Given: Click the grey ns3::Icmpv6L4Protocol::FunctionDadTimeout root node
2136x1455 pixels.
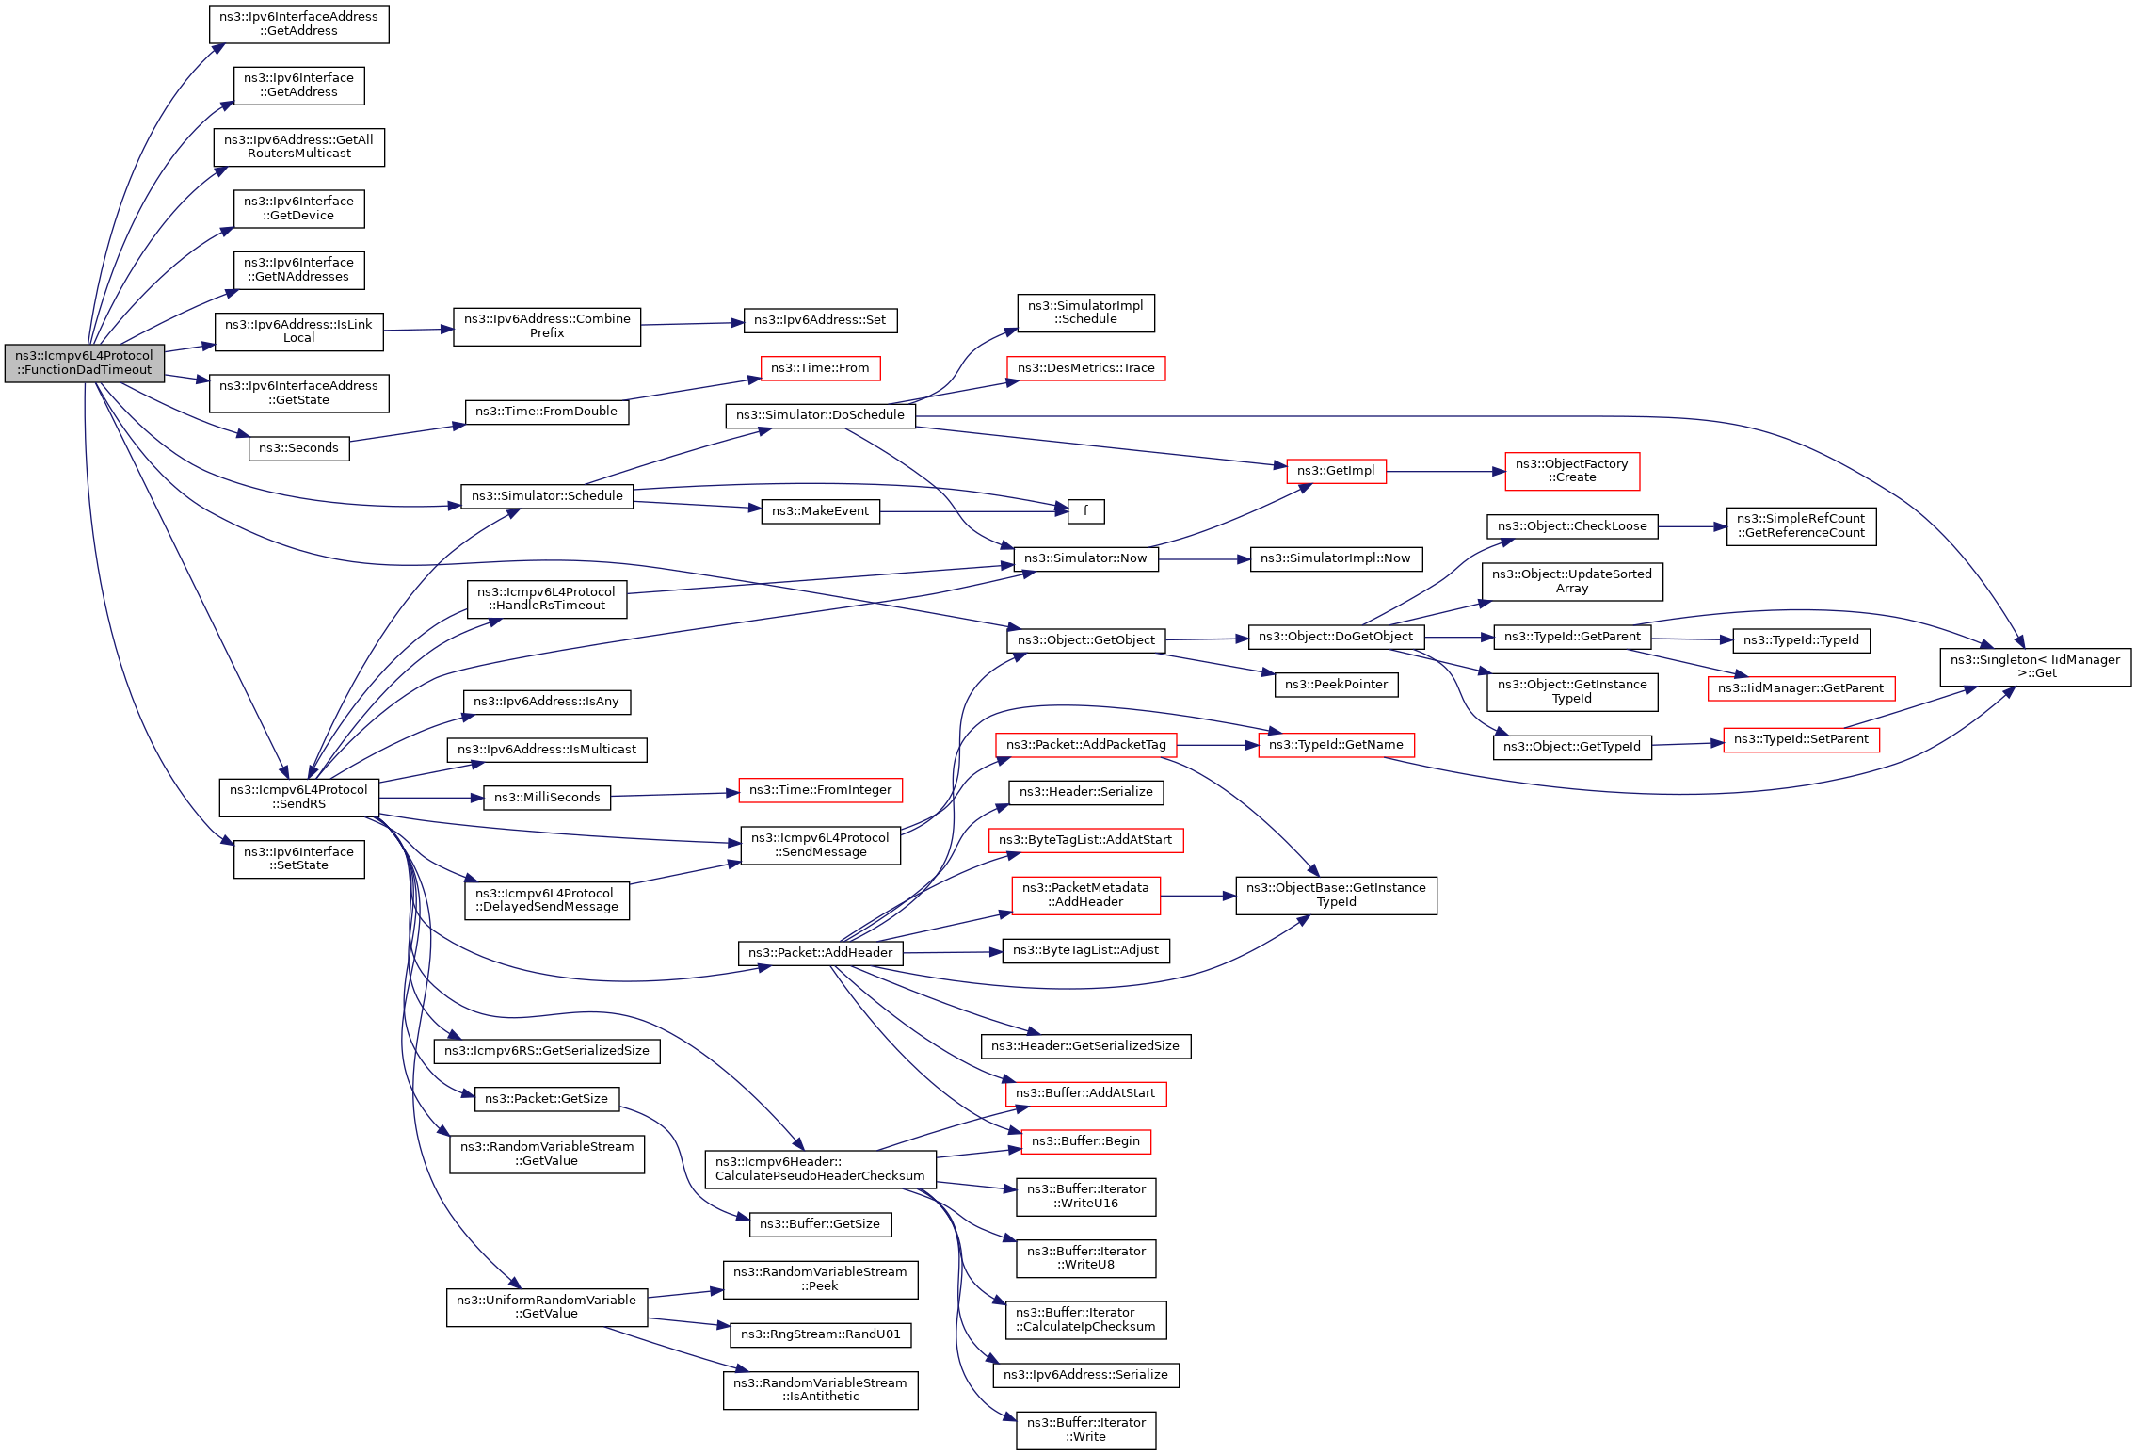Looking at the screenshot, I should (x=84, y=363).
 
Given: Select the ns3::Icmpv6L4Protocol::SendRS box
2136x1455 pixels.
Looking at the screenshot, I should (x=298, y=797).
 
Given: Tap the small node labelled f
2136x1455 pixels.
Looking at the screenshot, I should (x=1085, y=510).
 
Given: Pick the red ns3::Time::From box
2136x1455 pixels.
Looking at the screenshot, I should (x=819, y=367).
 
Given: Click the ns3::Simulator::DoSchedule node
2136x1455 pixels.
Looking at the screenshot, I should (x=819, y=414).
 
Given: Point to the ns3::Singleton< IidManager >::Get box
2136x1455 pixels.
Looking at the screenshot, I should (x=2034, y=667).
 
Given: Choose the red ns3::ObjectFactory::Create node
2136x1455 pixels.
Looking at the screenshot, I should (x=1571, y=471).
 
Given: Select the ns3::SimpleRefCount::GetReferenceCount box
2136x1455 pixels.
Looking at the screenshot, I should (x=1800, y=525).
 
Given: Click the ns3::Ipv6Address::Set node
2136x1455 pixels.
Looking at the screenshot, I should (x=819, y=319).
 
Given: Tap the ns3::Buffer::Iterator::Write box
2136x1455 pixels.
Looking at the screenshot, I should (x=1085, y=1430).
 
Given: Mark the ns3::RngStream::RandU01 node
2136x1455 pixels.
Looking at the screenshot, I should (x=820, y=1334).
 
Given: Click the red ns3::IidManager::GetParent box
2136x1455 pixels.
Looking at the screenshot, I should (x=1800, y=687).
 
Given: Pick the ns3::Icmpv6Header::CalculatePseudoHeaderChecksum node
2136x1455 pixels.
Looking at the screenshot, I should (x=819, y=1169).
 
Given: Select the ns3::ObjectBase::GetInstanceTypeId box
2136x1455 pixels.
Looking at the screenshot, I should (x=1335, y=895).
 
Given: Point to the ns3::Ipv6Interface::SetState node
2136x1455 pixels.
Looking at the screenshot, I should (x=298, y=859).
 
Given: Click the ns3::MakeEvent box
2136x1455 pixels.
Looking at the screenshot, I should (x=819, y=510).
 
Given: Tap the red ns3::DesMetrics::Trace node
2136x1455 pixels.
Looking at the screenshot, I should (x=1085, y=367).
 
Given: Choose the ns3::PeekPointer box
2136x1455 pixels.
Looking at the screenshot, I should (x=1335, y=684).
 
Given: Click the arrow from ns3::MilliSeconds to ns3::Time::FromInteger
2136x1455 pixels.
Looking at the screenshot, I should (x=674, y=795).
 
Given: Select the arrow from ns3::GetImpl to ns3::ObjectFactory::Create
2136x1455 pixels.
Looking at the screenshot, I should (x=1445, y=471).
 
